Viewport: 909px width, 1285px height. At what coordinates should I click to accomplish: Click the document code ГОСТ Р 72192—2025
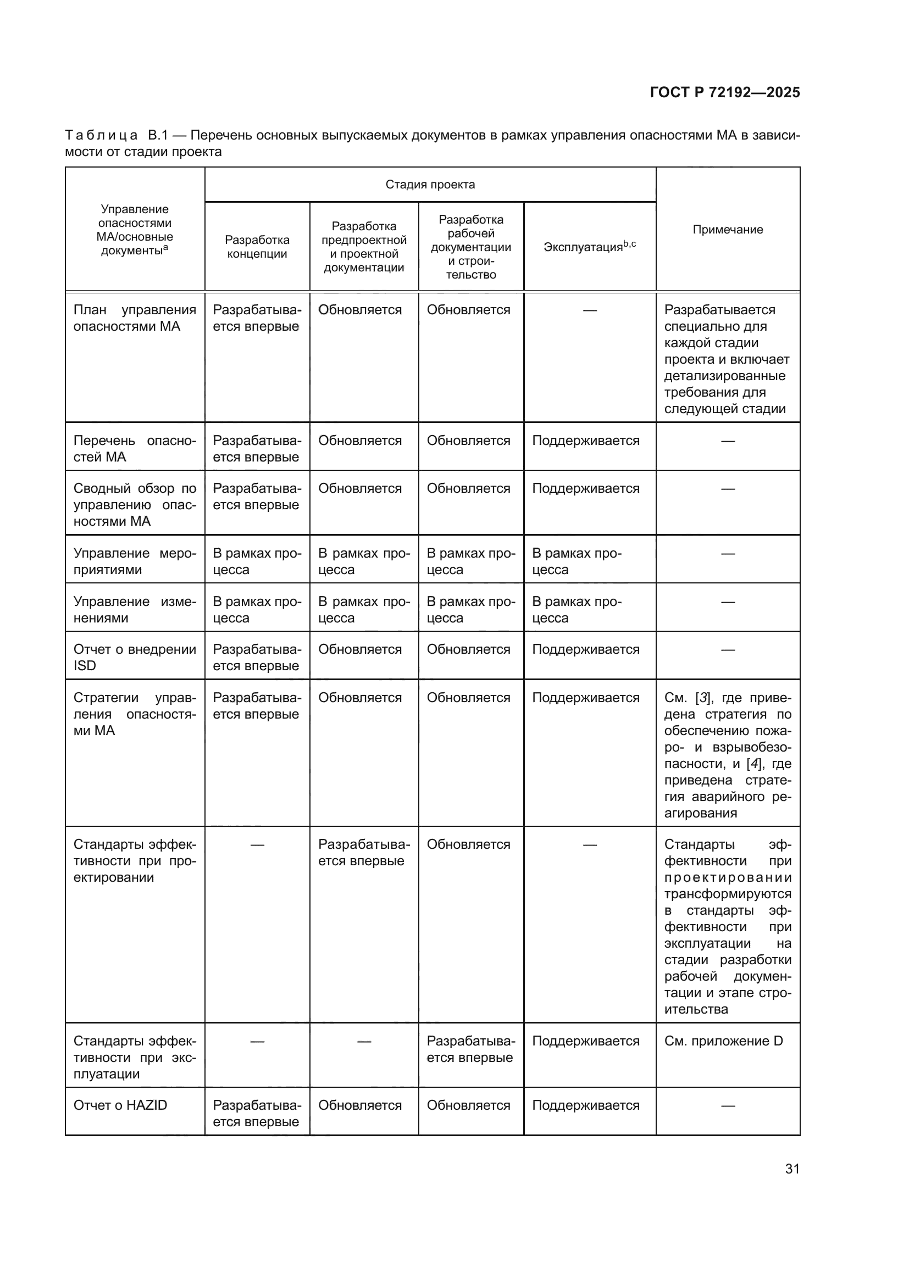coord(725,92)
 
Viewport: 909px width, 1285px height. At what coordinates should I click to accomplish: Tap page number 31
coord(792,1169)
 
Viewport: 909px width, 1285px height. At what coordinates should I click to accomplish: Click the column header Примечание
coord(728,230)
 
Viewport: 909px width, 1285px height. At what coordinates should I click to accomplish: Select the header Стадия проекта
coord(430,185)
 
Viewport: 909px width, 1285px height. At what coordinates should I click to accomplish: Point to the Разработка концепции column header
coord(257,247)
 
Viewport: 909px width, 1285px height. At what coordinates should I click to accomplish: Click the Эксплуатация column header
coord(589,247)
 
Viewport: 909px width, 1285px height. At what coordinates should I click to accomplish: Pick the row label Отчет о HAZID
coord(120,1105)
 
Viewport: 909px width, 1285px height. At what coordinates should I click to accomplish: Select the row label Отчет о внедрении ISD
coord(134,658)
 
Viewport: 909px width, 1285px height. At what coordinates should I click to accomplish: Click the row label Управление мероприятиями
coord(134,561)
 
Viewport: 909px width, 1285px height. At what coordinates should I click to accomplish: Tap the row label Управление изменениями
coord(134,609)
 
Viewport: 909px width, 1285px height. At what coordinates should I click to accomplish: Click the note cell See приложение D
coord(723,1041)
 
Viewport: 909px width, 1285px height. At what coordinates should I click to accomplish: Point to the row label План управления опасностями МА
coord(134,318)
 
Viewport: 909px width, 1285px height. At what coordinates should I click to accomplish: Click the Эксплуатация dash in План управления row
coord(589,310)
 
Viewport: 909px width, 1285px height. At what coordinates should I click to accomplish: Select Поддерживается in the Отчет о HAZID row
coord(585,1105)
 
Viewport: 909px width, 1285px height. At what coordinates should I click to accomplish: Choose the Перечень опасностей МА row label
coord(134,449)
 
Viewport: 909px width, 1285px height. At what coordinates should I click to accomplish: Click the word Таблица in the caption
coord(101,136)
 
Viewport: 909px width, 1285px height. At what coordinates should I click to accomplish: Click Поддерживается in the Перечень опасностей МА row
coord(585,441)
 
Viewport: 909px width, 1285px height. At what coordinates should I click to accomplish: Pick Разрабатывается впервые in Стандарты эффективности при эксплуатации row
coord(470,1049)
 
